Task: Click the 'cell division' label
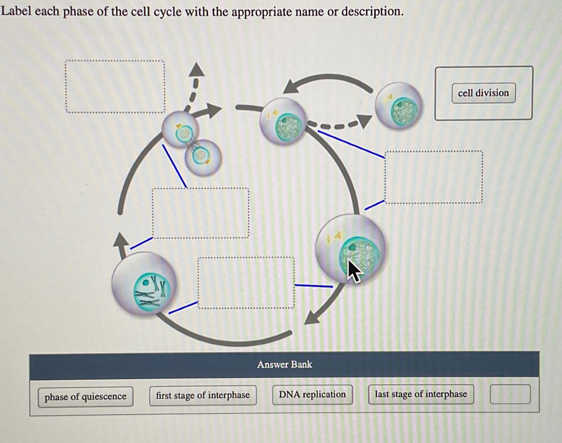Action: coord(483,93)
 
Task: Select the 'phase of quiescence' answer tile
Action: coord(85,397)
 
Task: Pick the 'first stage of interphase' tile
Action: coord(203,395)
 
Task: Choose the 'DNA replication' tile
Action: coord(312,394)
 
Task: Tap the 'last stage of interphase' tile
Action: coord(421,394)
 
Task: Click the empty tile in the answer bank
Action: coord(510,394)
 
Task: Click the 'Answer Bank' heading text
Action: coord(285,365)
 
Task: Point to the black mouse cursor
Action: coord(354,270)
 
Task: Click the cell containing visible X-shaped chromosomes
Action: coord(144,284)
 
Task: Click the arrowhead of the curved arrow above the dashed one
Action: coord(291,86)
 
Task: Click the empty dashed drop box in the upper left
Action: coord(115,87)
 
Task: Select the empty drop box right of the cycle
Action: coord(434,177)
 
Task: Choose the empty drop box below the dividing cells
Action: coord(201,213)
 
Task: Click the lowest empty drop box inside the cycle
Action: coord(246,283)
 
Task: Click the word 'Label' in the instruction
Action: coord(16,12)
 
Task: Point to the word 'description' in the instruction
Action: coord(372,12)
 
